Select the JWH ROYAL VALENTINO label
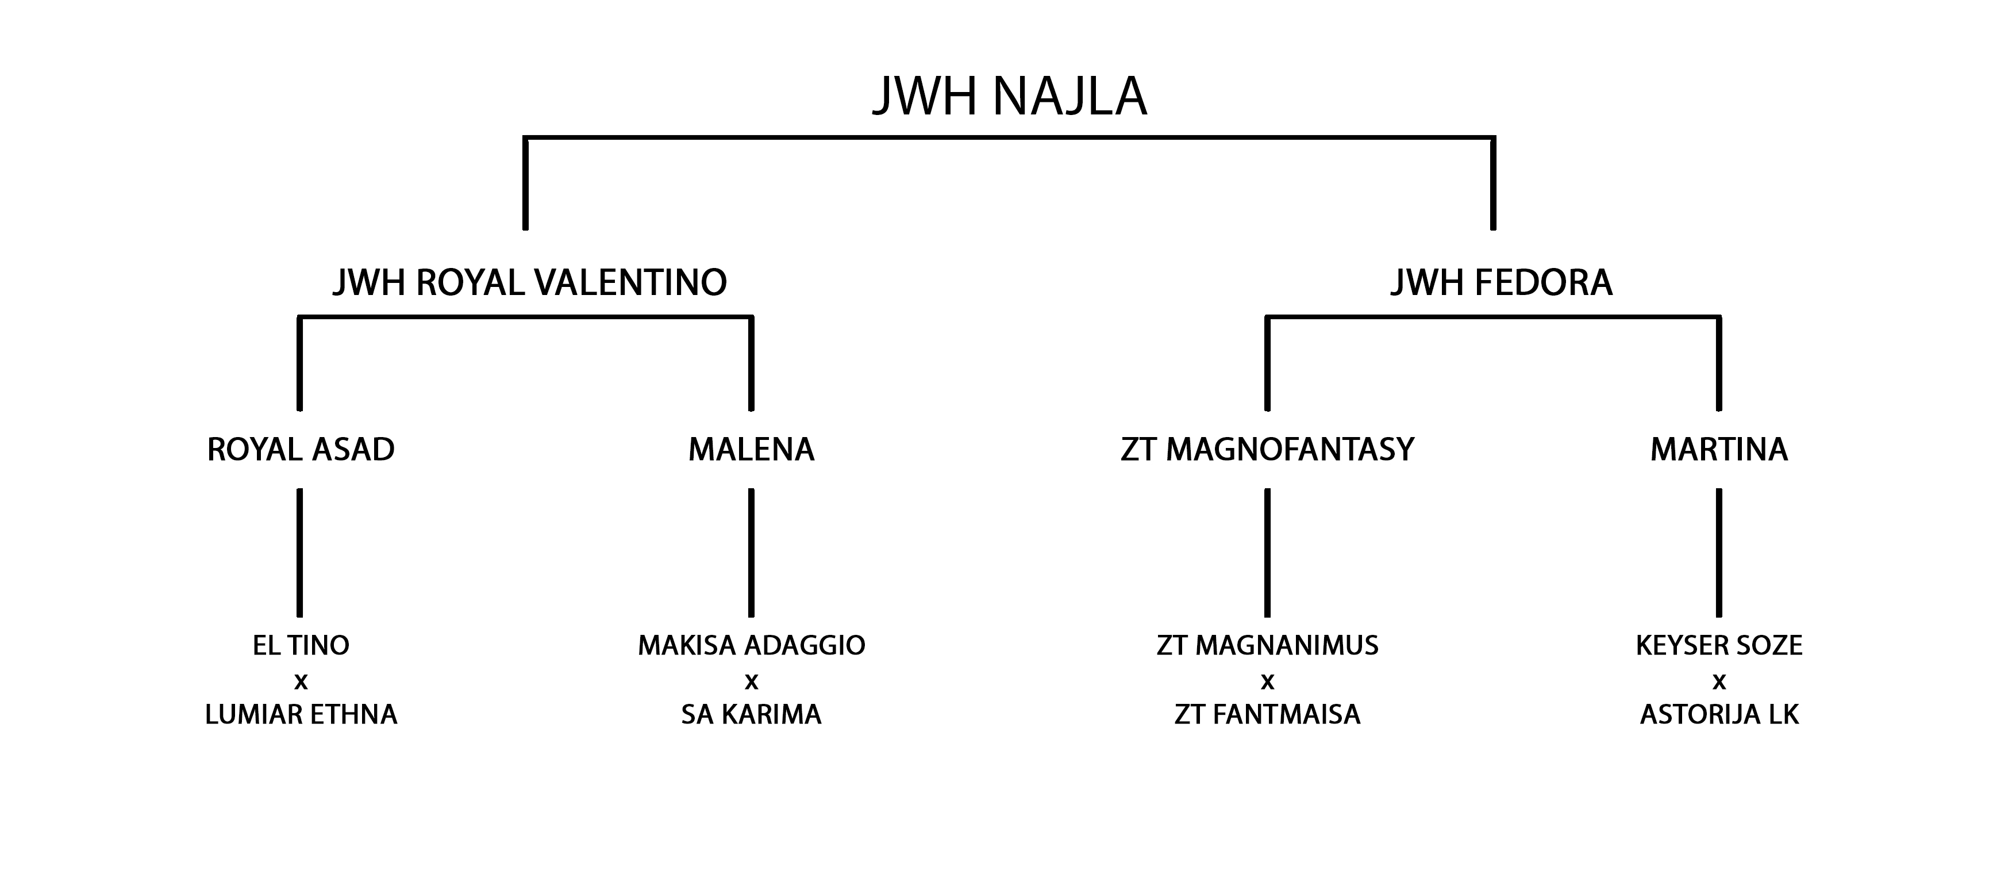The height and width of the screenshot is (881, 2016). click(530, 283)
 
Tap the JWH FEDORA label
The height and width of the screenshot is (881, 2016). click(1501, 283)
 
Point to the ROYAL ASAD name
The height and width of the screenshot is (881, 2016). click(301, 450)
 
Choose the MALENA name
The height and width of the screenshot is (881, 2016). click(751, 450)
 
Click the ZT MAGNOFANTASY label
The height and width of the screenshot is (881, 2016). click(1267, 450)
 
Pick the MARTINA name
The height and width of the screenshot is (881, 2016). click(1719, 450)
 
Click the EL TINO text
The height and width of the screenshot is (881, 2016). click(301, 645)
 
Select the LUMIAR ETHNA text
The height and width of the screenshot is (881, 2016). click(301, 714)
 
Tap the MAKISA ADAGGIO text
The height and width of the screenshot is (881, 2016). click(751, 645)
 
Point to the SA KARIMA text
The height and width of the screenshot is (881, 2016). click(751, 714)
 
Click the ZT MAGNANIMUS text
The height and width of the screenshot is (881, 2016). click(1267, 645)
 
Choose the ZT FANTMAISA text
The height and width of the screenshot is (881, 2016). click(1267, 714)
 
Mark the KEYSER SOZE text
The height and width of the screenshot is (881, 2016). click(1719, 645)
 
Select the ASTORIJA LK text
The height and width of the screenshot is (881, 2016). click(1719, 714)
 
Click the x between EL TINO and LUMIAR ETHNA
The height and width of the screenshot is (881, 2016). click(301, 682)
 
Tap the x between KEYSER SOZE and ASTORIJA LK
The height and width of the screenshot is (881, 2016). click(1719, 682)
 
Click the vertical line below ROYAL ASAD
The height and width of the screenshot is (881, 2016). click(300, 553)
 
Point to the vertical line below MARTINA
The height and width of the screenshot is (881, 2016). click(1719, 553)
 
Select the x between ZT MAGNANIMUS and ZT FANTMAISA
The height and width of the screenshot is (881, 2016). click(1267, 682)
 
